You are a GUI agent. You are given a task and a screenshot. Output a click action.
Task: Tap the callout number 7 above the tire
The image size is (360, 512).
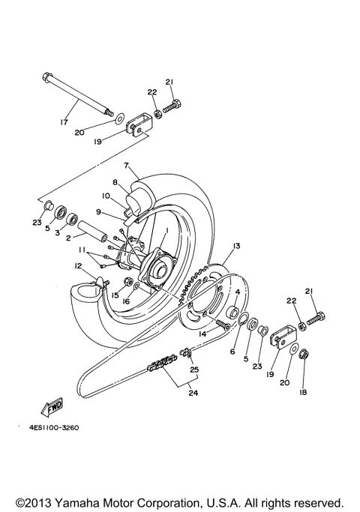(127, 165)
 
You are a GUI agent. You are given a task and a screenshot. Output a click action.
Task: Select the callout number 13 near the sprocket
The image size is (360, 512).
(235, 246)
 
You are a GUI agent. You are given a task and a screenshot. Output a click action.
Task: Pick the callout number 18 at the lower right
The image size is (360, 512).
(304, 392)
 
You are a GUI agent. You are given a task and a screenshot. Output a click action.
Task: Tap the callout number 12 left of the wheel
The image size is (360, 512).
(77, 265)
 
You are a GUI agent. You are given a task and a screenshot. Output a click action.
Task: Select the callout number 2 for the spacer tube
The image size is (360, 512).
(67, 238)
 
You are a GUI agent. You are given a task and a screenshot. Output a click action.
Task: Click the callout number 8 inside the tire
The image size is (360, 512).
(115, 182)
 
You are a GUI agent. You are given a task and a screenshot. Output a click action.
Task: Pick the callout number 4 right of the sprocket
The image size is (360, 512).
(237, 292)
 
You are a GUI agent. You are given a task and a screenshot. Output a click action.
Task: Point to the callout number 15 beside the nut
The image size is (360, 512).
(115, 295)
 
